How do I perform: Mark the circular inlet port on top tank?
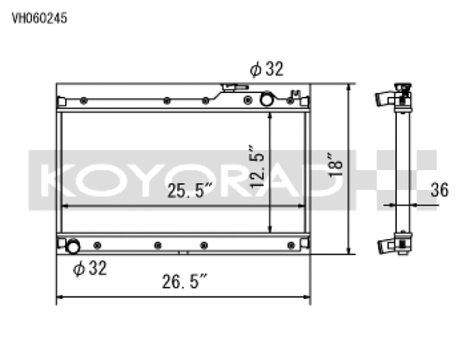coord(266,99)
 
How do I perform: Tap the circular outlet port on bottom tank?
coord(72,247)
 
